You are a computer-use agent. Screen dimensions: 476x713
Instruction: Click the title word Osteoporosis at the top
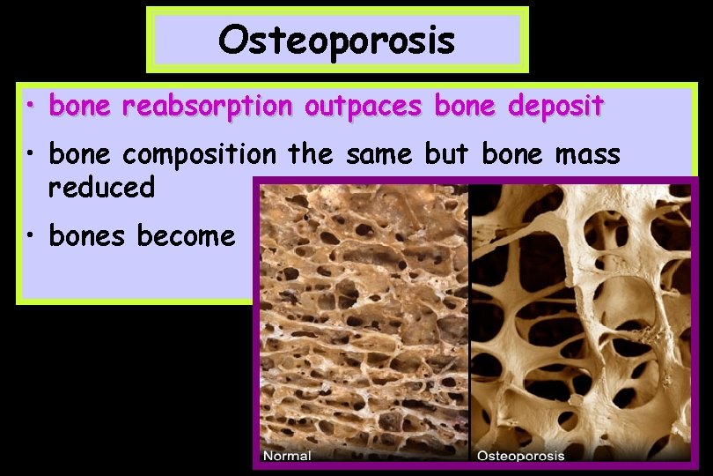336,40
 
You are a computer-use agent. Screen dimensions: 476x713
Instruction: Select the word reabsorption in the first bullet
209,107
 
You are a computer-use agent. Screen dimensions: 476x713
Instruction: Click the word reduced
102,187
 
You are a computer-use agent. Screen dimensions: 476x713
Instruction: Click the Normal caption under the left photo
287,456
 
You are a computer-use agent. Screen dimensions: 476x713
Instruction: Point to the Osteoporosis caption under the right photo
520,456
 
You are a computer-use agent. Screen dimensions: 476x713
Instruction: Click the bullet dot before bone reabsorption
31,107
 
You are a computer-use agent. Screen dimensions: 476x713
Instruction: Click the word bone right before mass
513,155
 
